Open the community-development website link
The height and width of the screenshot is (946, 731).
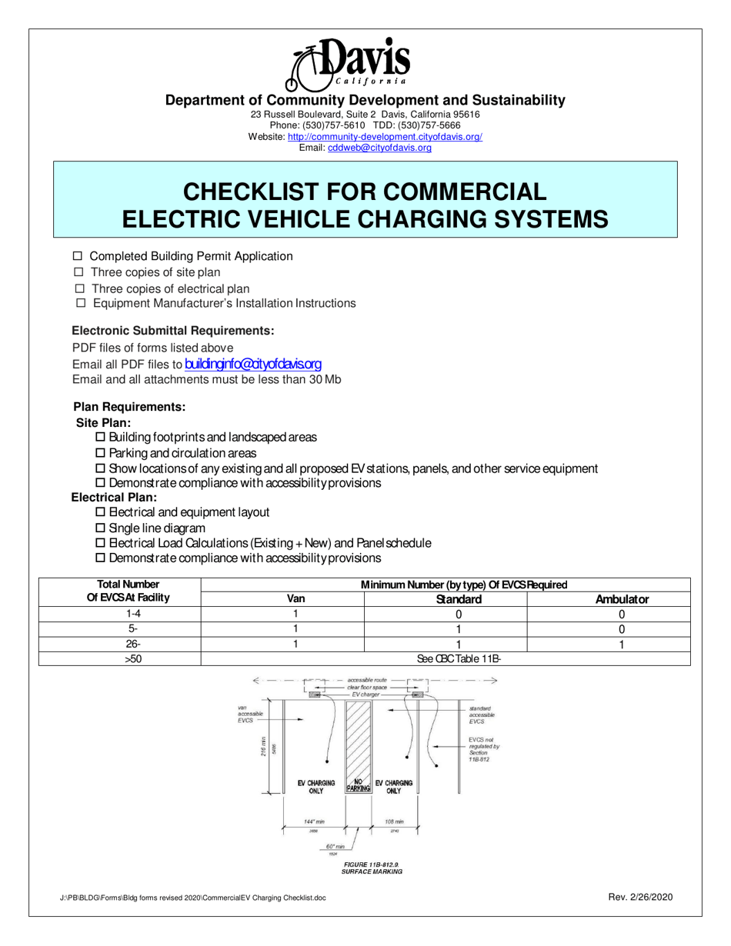[385, 136]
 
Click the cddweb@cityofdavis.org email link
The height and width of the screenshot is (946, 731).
[379, 148]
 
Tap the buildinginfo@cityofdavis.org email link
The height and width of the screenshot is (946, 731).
[253, 363]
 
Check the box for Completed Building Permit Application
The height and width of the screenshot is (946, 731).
[77, 256]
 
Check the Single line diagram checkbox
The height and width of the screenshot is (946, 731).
[99, 528]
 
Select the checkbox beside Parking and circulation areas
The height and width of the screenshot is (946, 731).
[99, 453]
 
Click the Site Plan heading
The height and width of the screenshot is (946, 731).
[103, 422]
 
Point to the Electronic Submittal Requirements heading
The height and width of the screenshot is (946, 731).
[173, 331]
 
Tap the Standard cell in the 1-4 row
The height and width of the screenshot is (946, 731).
[459, 614]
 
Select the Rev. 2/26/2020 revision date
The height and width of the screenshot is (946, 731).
[640, 897]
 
